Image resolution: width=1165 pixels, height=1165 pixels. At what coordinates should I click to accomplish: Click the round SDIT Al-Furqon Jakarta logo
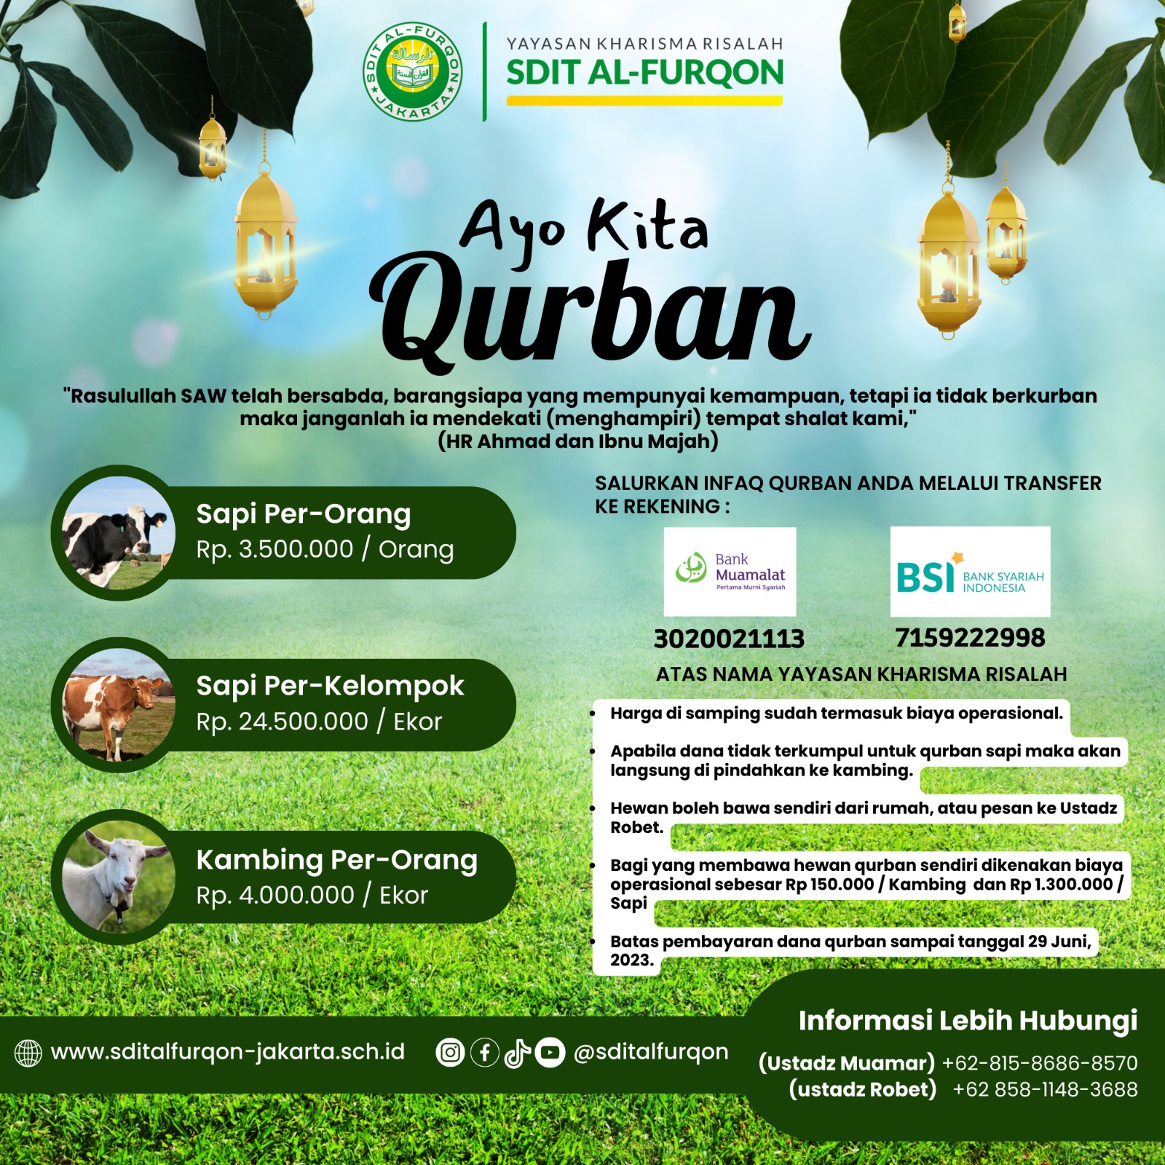pyautogui.click(x=413, y=71)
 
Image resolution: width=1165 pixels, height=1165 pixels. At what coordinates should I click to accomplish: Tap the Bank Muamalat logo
pyautogui.click(x=730, y=572)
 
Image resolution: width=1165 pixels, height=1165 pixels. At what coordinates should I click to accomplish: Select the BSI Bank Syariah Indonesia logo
pyautogui.click(x=970, y=572)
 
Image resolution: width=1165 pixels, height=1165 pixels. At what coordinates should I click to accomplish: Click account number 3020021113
pyautogui.click(x=729, y=639)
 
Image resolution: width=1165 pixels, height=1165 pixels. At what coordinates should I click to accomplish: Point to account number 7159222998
pyautogui.click(x=970, y=637)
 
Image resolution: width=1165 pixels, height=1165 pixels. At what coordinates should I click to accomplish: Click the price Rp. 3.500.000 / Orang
pyautogui.click(x=325, y=549)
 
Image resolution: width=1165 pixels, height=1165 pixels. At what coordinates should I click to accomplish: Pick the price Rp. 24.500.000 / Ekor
pyautogui.click(x=319, y=722)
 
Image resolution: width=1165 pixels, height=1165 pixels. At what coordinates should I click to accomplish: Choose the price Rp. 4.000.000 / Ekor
pyautogui.click(x=312, y=895)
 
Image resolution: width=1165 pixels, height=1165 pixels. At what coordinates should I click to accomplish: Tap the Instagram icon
pyautogui.click(x=450, y=1052)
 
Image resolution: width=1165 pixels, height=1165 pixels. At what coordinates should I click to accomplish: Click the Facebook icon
pyautogui.click(x=484, y=1052)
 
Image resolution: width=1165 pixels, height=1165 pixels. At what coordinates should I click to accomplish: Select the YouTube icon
pyautogui.click(x=550, y=1052)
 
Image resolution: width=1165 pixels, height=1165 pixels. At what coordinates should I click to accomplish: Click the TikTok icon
pyautogui.click(x=517, y=1052)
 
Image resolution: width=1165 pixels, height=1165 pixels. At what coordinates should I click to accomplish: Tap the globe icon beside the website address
pyautogui.click(x=28, y=1053)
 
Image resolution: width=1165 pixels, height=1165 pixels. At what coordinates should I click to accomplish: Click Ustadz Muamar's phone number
pyautogui.click(x=1040, y=1063)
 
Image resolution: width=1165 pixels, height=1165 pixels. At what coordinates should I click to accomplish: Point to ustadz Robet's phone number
pyautogui.click(x=1045, y=1089)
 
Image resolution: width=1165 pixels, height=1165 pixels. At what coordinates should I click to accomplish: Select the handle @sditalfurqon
pyautogui.click(x=651, y=1051)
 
